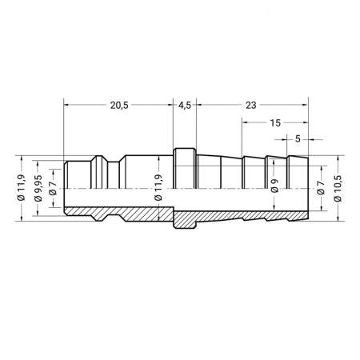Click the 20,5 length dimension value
(119, 106)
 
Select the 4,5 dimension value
(185, 106)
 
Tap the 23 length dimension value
(250, 106)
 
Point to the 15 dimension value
(275, 123)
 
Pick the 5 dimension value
(298, 139)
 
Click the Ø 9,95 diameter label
(38, 188)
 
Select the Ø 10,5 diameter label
(338, 188)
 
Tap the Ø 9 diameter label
(274, 186)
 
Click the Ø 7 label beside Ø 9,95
(53, 188)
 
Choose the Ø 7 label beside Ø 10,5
(322, 188)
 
